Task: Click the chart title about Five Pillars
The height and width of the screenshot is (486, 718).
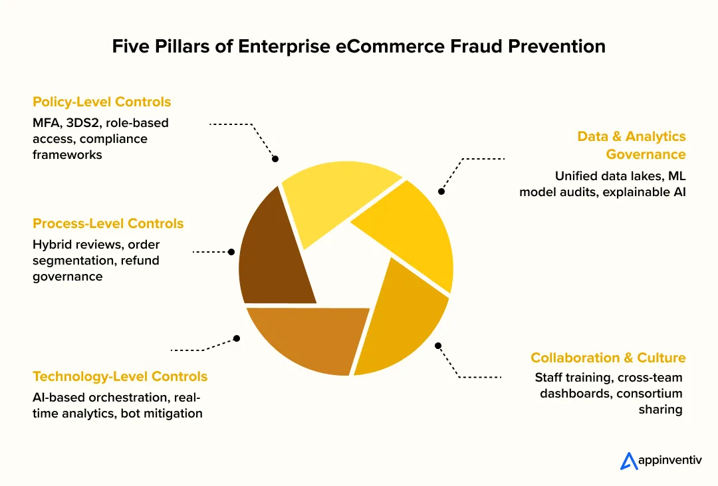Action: tap(358, 46)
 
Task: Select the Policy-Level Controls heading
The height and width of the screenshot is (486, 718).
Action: tap(102, 102)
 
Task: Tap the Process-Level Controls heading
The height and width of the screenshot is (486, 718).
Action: tap(108, 223)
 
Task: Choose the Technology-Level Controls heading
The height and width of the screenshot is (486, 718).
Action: tap(120, 376)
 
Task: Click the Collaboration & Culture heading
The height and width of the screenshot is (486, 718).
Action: tap(608, 358)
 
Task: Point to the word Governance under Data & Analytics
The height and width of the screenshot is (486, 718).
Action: tap(646, 154)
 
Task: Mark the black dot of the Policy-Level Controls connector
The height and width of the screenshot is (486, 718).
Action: tap(275, 159)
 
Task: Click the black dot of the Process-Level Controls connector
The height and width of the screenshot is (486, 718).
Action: tap(231, 252)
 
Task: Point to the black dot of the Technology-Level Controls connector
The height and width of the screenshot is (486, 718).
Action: tap(237, 338)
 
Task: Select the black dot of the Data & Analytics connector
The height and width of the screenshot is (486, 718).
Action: tap(441, 191)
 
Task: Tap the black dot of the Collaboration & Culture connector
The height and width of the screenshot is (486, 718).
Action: tap(438, 346)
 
